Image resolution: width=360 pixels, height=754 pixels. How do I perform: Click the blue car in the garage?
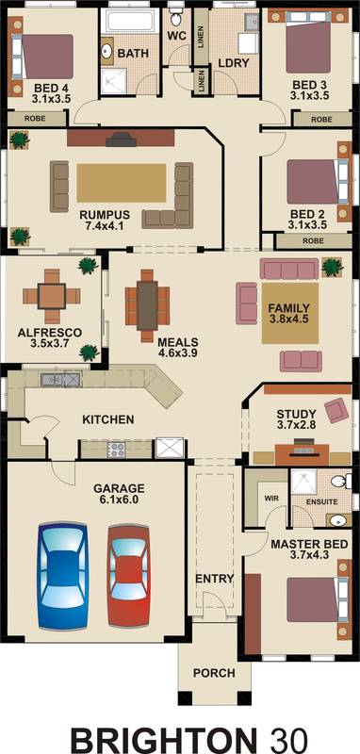click(63, 576)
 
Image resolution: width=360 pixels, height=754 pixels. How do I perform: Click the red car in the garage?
click(128, 576)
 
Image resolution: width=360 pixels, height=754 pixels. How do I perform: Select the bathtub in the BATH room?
click(129, 21)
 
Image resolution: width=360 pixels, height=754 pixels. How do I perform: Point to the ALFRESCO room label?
click(50, 333)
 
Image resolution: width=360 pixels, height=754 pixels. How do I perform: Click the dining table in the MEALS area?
click(147, 305)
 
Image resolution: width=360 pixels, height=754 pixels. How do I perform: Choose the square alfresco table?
click(52, 296)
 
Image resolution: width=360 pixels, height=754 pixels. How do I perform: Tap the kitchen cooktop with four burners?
click(116, 450)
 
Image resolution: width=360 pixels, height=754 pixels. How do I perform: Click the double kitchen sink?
click(61, 380)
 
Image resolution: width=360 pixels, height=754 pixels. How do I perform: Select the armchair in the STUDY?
click(337, 410)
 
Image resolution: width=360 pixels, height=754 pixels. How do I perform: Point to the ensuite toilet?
click(343, 481)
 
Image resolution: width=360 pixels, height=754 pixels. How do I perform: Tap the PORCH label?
click(214, 673)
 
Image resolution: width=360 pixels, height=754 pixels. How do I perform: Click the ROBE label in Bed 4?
click(35, 119)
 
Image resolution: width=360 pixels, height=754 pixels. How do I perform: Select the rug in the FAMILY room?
click(290, 313)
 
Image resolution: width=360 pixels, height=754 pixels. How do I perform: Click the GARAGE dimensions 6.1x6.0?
click(119, 500)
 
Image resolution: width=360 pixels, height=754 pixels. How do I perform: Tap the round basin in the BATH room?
click(106, 51)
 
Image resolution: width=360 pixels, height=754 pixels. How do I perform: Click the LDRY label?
click(234, 63)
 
